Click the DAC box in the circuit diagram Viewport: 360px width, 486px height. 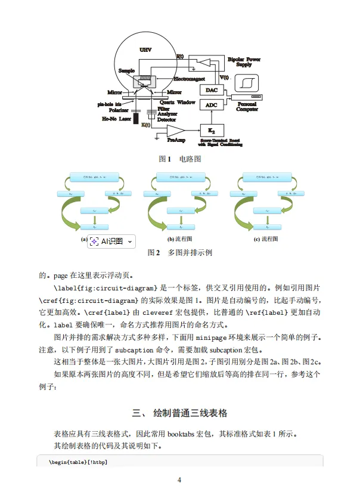[212, 90]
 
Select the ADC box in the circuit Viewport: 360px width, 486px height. [212, 104]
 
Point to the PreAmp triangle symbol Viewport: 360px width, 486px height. [175, 131]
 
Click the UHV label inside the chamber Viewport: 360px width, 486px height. [145, 49]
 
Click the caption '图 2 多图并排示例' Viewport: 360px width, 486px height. [179, 252]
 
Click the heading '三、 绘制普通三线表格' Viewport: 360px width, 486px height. [179, 413]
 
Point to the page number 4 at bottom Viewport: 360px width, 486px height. [179, 479]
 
